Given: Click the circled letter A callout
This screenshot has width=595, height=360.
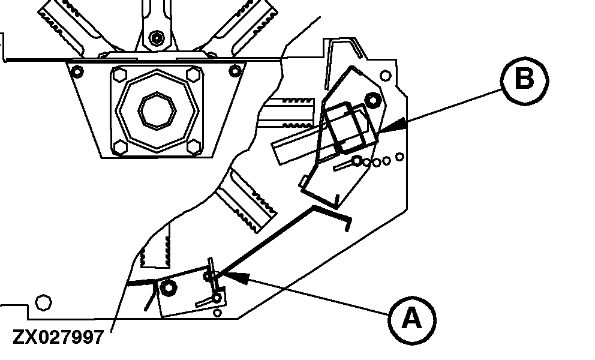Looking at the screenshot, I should click(x=411, y=319).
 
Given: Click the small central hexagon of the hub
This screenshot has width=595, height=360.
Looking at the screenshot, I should click(x=157, y=109).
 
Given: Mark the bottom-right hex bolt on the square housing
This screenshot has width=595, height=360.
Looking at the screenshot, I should click(x=193, y=145).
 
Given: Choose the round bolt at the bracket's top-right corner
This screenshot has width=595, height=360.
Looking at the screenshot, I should click(x=235, y=71).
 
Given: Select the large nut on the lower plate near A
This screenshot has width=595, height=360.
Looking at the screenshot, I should click(x=168, y=289).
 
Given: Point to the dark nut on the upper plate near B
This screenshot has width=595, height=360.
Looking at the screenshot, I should click(x=371, y=99).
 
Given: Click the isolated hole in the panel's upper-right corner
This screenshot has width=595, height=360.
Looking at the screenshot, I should click(x=386, y=76).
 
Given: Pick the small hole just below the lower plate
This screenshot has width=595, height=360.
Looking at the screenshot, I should click(x=219, y=311).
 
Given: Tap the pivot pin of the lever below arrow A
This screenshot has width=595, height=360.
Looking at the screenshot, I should click(x=220, y=295).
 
